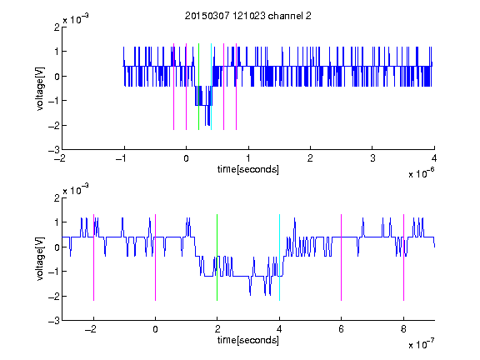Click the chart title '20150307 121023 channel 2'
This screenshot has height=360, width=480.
point(248,16)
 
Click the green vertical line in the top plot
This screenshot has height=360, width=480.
point(198,87)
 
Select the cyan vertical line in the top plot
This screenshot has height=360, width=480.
point(211,87)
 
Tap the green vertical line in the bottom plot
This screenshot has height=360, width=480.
point(217,257)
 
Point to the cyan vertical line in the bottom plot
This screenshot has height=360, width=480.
point(279,257)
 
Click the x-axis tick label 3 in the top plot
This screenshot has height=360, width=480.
point(372,158)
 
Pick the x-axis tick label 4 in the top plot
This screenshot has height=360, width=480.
point(434,158)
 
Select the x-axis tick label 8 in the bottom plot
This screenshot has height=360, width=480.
point(403,329)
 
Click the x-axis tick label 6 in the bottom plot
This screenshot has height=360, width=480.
point(342,329)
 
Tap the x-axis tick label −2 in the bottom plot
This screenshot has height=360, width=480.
point(91,329)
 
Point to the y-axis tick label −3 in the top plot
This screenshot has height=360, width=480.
point(54,150)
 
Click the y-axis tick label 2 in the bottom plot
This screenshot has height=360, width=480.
point(57,197)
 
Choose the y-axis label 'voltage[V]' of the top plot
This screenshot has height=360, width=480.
point(40,89)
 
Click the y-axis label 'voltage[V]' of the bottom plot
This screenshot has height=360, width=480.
point(40,259)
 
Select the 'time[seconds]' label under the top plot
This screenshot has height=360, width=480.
point(248,169)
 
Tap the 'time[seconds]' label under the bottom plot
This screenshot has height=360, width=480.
point(248,340)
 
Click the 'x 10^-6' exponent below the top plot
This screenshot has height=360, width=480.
point(421,173)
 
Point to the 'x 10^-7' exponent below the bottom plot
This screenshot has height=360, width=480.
point(421,344)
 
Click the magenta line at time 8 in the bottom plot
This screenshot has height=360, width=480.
point(403,257)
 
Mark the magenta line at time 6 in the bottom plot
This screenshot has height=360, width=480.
point(342,257)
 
